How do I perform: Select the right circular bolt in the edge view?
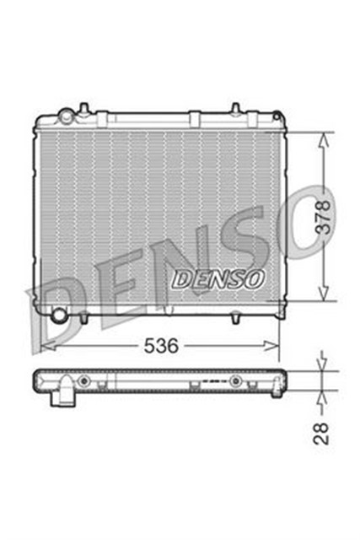click(x=235, y=381)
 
